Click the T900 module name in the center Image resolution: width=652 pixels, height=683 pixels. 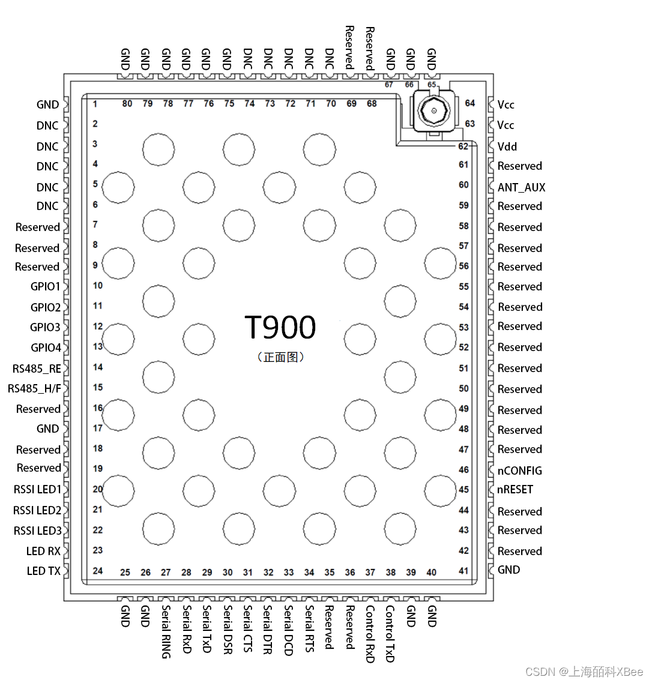point(280,328)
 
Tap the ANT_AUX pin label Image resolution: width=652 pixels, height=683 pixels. point(521,187)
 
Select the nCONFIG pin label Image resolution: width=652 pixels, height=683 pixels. point(519,471)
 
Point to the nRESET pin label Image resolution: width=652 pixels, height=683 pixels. point(515,489)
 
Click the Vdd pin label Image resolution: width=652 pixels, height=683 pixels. point(507,146)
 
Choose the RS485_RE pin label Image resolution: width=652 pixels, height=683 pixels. point(37,369)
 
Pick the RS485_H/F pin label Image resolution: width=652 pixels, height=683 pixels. point(34,388)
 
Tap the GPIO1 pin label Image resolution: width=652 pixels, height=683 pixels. point(46,286)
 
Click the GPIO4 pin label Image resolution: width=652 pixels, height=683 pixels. point(46,348)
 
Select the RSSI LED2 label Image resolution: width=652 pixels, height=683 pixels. point(37,510)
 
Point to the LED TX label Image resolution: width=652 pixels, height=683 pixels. point(43,571)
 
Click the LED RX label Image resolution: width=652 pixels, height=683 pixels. point(43,551)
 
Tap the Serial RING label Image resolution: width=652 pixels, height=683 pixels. point(166,631)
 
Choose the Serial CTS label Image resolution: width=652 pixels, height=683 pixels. point(247,628)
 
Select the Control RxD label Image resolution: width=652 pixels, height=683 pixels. point(370,634)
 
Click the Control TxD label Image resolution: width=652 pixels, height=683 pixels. point(390,633)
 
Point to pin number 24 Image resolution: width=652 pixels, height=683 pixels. point(98,571)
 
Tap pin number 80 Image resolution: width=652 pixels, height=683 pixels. point(127,104)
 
